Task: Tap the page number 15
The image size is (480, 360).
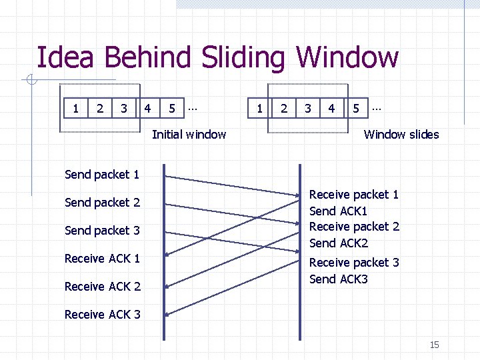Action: click(434, 345)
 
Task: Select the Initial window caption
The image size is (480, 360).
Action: click(189, 135)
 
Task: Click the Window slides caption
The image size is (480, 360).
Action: click(401, 135)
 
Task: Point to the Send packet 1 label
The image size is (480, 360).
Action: click(102, 175)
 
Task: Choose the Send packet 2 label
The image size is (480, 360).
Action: click(102, 203)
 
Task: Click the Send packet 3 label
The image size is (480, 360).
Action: click(102, 231)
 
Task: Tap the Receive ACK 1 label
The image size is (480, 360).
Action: click(102, 259)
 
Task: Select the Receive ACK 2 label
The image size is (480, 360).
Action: click(102, 287)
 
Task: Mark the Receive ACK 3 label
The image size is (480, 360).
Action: click(102, 315)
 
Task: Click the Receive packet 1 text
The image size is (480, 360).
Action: click(354, 195)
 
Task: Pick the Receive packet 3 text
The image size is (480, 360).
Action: click(354, 263)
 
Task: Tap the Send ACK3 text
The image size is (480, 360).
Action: click(339, 279)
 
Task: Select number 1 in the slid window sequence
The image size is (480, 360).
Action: click(259, 107)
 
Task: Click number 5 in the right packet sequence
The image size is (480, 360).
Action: click(356, 107)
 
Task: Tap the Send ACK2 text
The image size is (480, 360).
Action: click(339, 243)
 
